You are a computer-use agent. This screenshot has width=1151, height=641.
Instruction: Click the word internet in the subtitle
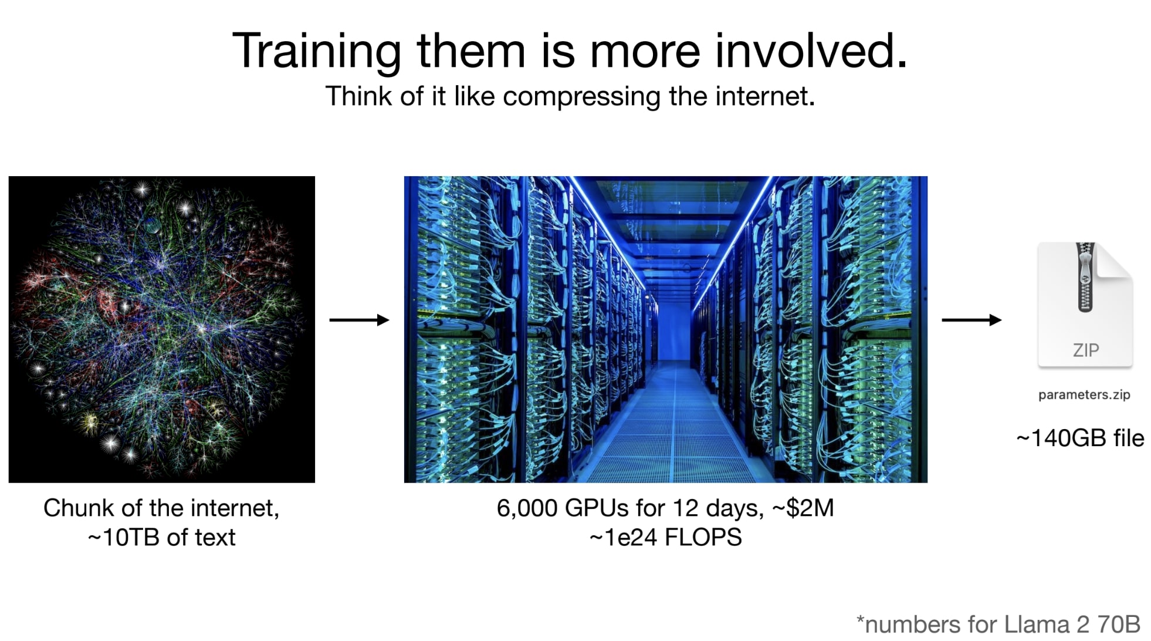pos(765,96)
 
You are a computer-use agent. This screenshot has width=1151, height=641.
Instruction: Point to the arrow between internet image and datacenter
pos(359,320)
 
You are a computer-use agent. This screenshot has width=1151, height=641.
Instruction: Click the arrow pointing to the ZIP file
pos(971,320)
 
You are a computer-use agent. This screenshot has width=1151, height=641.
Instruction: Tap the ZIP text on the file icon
pos(1086,350)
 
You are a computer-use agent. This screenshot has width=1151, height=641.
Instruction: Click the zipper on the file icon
pos(1085,277)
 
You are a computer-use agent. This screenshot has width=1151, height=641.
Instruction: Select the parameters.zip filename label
pos(1084,395)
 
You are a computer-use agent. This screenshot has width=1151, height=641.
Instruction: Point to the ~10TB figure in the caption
pos(124,538)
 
